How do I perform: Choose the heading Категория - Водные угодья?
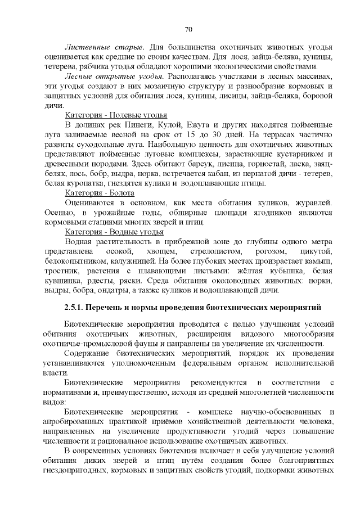coord(106,232)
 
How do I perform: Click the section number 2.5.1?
coord(78,308)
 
